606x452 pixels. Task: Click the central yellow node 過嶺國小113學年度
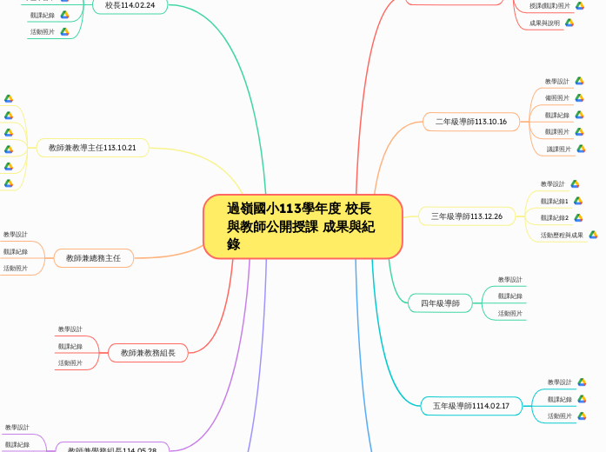303,226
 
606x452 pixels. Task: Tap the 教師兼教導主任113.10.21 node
92,148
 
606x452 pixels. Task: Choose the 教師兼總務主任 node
94,257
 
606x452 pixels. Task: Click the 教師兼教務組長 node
148,353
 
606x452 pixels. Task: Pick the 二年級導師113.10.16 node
471,122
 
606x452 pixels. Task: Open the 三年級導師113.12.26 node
467,216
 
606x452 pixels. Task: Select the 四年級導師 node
440,303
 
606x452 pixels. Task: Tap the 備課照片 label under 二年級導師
557,98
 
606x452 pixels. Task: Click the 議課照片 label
559,150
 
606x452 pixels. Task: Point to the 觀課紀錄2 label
554,218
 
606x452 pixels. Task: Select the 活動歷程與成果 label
562,235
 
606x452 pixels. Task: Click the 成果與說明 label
544,23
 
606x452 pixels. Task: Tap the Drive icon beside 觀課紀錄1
578,201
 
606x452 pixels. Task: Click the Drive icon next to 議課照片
581,150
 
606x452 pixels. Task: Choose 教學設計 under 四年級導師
509,280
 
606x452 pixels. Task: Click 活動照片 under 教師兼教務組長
70,363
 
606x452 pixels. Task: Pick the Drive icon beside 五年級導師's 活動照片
582,416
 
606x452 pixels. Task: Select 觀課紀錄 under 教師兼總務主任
16,252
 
